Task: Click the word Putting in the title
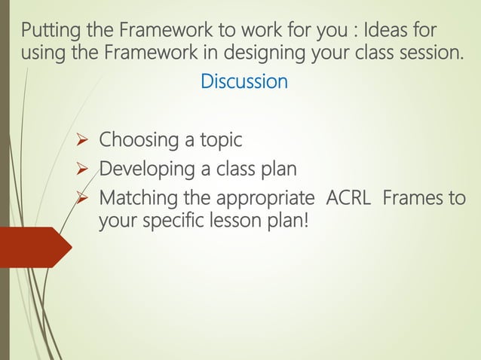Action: pyautogui.click(x=47, y=32)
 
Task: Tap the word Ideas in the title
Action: pyautogui.click(x=390, y=32)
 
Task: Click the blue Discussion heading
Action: pyautogui.click(x=244, y=81)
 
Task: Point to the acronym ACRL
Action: pyautogui.click(x=348, y=200)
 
